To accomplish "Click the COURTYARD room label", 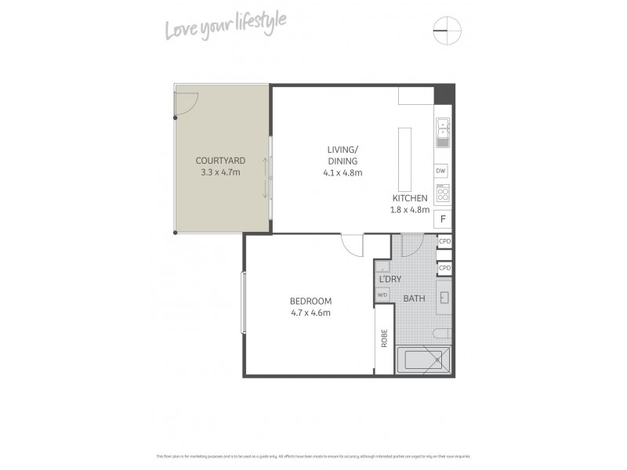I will [220, 161].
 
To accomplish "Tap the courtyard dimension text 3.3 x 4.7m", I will [220, 172].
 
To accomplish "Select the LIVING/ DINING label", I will [343, 155].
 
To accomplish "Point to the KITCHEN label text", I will [410, 198].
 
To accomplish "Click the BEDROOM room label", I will [310, 302].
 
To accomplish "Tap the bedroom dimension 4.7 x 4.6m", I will [310, 313].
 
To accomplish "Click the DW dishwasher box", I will [441, 171].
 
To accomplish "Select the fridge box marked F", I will [443, 219].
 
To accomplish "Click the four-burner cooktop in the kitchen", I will [442, 193].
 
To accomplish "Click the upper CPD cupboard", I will [444, 242].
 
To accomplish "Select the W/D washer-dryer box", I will [383, 295].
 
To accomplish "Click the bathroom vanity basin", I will [443, 298].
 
